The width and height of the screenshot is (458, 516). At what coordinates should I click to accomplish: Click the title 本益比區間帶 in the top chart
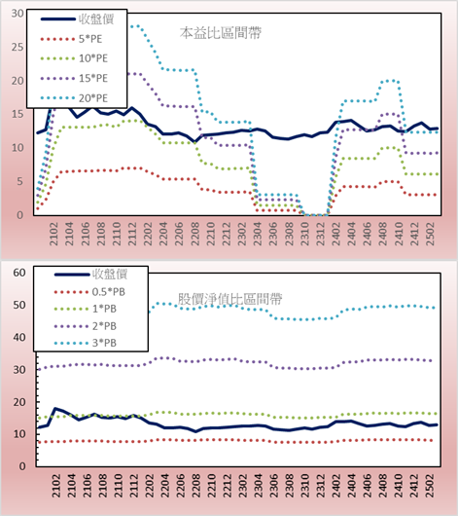pos(221,33)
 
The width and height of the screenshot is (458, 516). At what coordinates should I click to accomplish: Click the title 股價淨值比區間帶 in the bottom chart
pos(229,299)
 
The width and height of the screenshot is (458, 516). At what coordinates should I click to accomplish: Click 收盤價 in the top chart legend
pos(96,19)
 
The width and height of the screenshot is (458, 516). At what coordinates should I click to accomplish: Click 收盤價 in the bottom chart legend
pos(110,274)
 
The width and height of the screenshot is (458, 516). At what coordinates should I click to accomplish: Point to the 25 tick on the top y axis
pos(18,47)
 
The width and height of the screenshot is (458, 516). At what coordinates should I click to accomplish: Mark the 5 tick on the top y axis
pos(20,181)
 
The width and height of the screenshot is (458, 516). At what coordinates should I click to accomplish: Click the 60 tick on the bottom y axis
pos(19,273)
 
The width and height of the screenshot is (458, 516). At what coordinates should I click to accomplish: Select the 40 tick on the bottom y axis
pos(19,337)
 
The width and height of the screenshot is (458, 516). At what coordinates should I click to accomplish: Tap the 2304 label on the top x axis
pos(257,234)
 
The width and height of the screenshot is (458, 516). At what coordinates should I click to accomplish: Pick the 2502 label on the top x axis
pos(430,234)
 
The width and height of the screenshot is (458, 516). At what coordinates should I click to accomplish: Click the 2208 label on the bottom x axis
pos(196,486)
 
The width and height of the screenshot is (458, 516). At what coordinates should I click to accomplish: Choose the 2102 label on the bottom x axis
pos(56,486)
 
